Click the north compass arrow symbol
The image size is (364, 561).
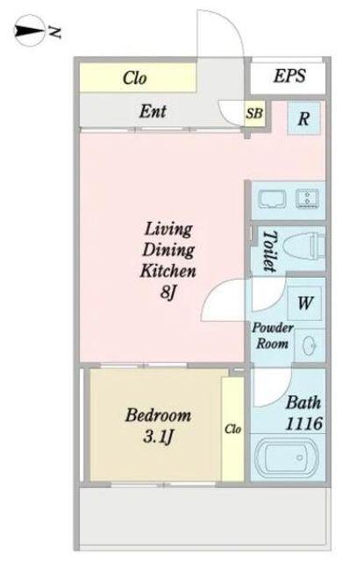[29, 31]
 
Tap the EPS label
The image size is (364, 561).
[289, 76]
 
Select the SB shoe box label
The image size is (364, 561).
[254, 113]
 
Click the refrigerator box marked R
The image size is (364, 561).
[303, 118]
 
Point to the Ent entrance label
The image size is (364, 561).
[153, 111]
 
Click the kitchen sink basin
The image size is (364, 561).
[273, 200]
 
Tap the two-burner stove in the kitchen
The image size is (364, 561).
[307, 199]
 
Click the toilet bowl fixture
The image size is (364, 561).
[303, 246]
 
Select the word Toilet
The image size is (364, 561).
[270, 251]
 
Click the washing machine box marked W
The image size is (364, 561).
[304, 303]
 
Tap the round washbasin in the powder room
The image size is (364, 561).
[310, 345]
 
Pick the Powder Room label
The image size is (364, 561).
[273, 336]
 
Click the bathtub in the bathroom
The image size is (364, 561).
[287, 457]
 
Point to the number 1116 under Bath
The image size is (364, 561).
[303, 423]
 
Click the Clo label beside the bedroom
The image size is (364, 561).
[233, 429]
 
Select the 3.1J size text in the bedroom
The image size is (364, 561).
[158, 437]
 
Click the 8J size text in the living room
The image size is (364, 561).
[168, 293]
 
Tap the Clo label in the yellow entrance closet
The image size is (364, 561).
[134, 78]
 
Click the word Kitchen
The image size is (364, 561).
[168, 271]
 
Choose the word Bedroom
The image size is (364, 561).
[158, 415]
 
